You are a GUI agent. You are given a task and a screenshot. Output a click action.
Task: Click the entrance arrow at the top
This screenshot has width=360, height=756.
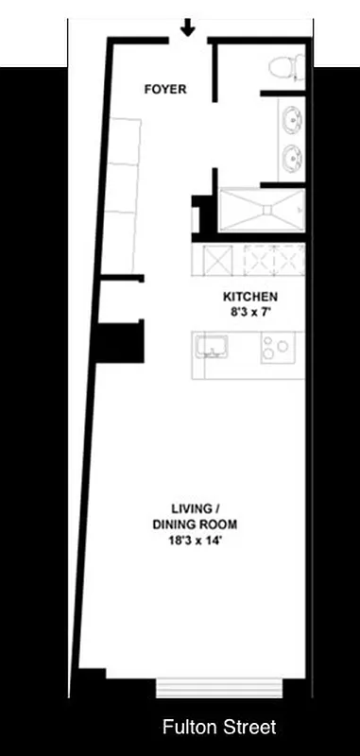(x=188, y=26)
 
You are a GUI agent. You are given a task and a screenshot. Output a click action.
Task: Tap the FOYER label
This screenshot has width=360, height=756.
(x=164, y=90)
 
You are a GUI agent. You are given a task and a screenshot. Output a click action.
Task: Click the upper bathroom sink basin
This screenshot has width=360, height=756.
(x=293, y=120)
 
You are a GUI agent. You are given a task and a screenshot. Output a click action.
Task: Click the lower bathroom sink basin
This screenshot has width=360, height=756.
(x=293, y=157)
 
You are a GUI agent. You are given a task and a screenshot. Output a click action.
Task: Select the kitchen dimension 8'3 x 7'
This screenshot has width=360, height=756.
(x=250, y=309)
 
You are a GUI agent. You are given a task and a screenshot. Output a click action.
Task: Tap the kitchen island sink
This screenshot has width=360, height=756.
(x=214, y=347)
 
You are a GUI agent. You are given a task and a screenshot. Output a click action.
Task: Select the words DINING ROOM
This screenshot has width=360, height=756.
(x=194, y=524)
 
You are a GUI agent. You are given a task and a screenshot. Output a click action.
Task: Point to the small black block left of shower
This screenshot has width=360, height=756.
(x=202, y=214)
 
